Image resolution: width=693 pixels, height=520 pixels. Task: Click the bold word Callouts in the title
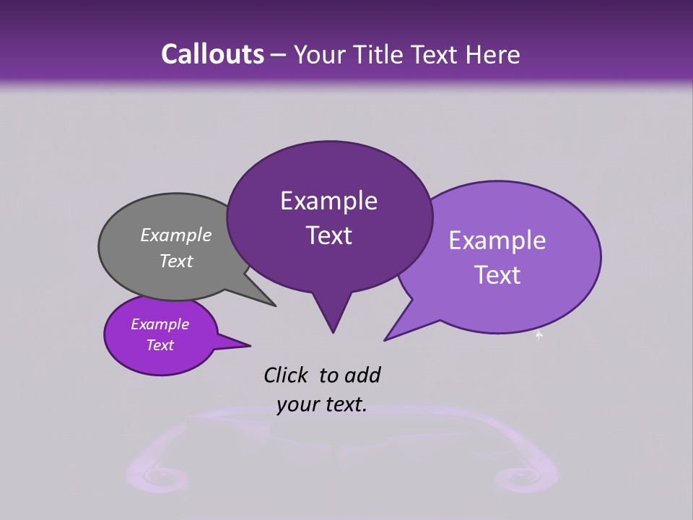tap(213, 54)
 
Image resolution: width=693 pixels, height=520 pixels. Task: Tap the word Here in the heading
tap(493, 55)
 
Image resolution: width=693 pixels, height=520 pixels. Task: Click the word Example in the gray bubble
tap(176, 235)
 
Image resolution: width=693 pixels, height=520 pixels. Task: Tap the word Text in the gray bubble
tap(176, 261)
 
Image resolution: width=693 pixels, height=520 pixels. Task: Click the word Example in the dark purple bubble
tap(328, 201)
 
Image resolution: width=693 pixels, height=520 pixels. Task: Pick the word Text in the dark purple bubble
tap(329, 235)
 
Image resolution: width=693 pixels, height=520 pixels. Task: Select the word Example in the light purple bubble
tap(497, 240)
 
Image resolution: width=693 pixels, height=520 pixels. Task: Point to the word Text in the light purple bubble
tap(498, 275)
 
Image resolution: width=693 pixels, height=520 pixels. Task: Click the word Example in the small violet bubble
tap(160, 324)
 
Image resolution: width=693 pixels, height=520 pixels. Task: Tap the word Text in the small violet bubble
tap(160, 345)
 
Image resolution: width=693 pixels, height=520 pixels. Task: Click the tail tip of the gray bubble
tap(275, 305)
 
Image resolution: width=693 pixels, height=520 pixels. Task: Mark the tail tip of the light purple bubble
tap(385, 339)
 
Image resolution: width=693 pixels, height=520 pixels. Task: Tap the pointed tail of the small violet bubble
tap(249, 345)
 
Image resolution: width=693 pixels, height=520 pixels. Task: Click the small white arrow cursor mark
tap(539, 334)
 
